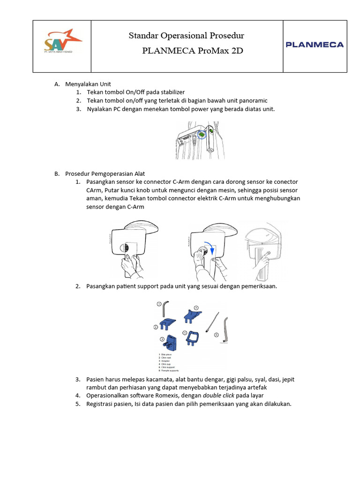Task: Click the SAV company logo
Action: (x=62, y=42)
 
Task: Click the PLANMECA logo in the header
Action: (x=315, y=45)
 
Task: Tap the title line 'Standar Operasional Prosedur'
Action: (x=186, y=36)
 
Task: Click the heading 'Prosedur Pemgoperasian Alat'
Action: (x=105, y=173)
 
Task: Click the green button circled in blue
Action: (x=201, y=135)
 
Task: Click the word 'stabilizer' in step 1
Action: (x=170, y=92)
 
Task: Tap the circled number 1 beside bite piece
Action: (x=159, y=304)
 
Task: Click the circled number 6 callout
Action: (x=216, y=335)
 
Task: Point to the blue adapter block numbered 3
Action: (x=169, y=345)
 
